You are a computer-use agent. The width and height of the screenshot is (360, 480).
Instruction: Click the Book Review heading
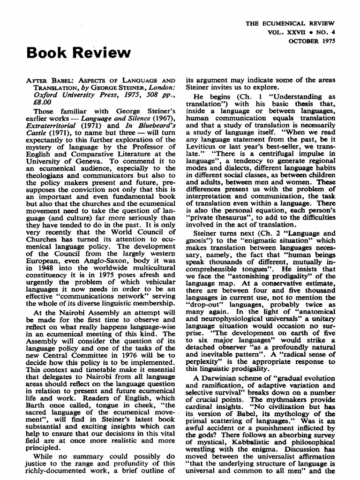coord(79,52)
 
